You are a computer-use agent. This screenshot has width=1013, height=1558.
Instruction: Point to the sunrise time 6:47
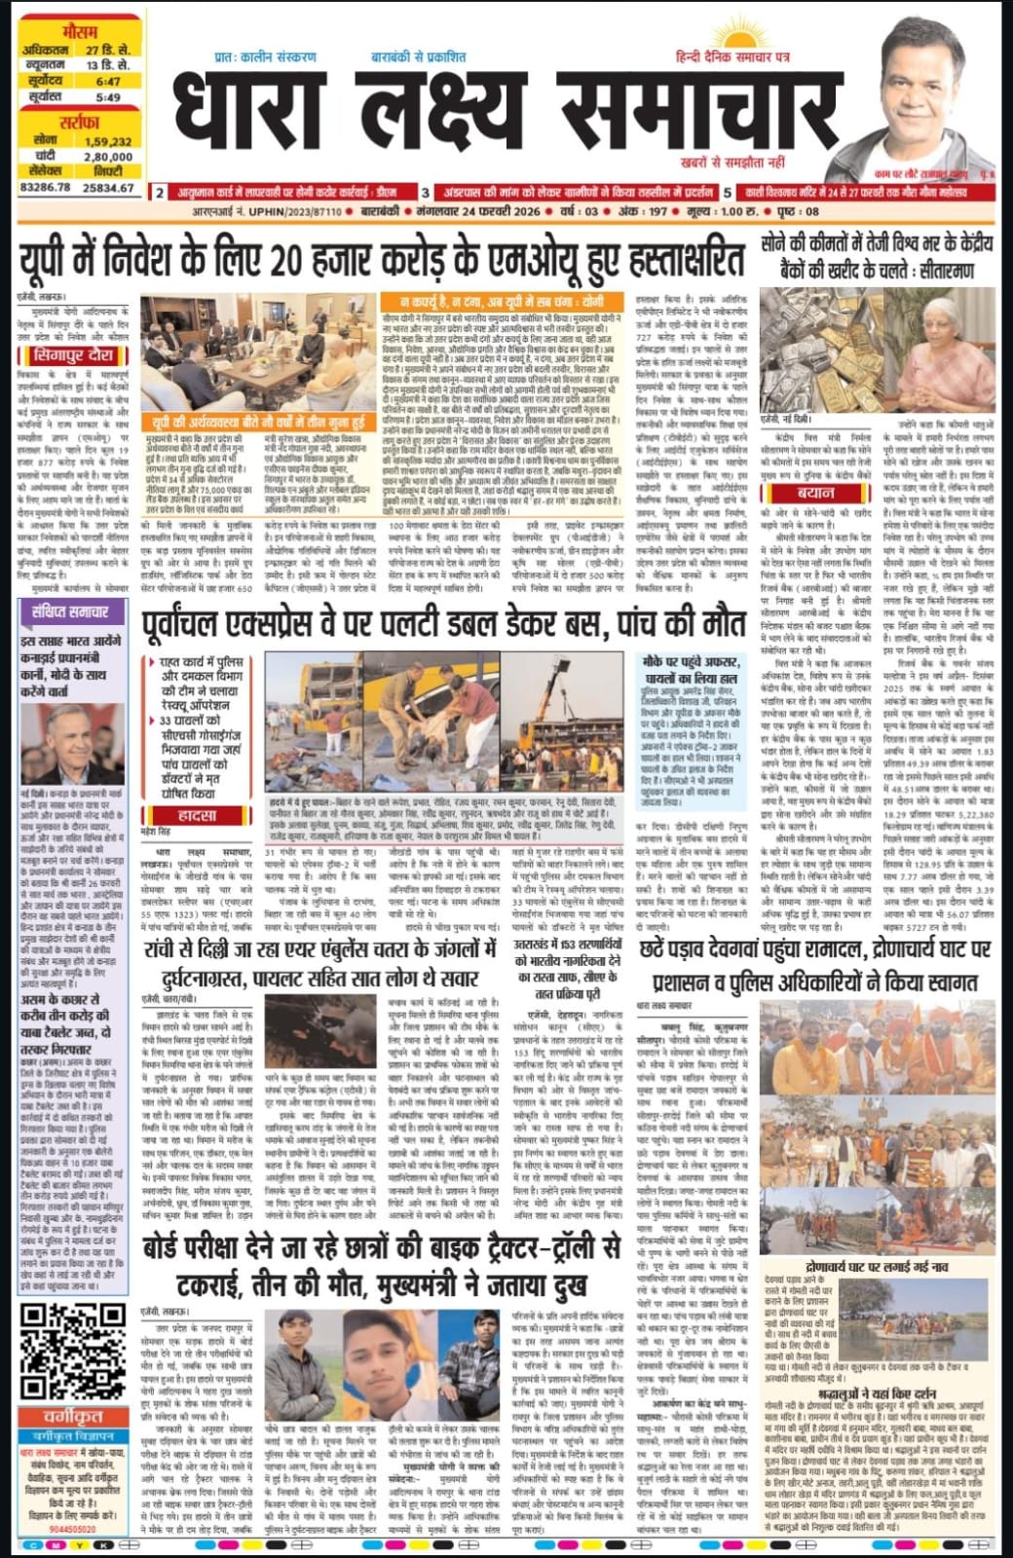point(108,82)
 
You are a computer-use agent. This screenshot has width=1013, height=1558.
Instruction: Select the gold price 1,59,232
point(108,140)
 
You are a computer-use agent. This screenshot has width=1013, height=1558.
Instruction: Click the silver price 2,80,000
point(108,156)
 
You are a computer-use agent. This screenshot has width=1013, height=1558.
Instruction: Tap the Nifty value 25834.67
point(109,185)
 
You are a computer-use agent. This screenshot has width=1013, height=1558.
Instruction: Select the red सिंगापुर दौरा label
point(73,355)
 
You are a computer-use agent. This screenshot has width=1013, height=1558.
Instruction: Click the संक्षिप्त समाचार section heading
point(73,612)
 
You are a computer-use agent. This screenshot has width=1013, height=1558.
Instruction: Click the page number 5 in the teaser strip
point(728,193)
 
